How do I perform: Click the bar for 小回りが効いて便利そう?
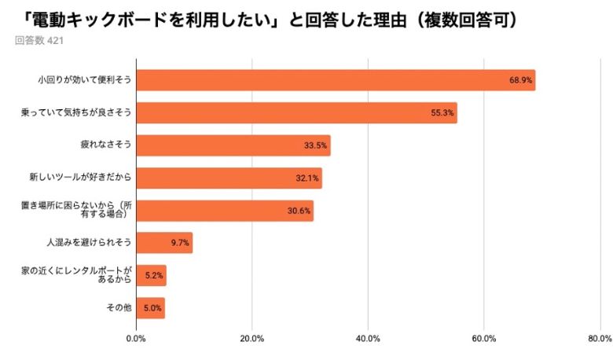tap(336, 80)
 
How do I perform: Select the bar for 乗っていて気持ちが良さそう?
tap(296, 112)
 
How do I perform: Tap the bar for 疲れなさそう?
tap(233, 145)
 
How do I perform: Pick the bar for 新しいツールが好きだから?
tap(229, 178)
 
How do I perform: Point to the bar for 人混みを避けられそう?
tap(164, 243)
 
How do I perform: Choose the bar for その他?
tap(150, 307)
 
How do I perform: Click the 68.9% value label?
tap(521, 80)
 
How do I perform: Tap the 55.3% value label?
tap(442, 113)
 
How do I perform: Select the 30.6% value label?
tap(299, 211)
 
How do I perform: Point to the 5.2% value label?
tap(154, 276)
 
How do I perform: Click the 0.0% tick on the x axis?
tap(136, 339)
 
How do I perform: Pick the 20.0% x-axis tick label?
tap(251, 339)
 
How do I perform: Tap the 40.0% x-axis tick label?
tap(368, 339)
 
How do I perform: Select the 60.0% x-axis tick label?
tap(483, 339)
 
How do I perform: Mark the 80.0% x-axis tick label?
tap(599, 339)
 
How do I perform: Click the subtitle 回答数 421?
tap(39, 41)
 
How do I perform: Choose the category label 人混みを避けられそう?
tap(90, 243)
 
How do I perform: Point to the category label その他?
tap(119, 307)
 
